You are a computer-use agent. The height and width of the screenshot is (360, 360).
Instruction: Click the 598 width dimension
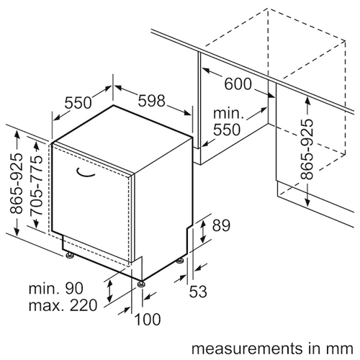(x=152, y=101)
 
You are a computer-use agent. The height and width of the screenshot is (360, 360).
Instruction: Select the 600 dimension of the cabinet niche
(x=238, y=84)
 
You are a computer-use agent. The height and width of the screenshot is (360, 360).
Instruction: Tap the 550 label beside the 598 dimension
(x=78, y=103)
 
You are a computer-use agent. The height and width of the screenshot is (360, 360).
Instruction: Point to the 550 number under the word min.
(x=227, y=130)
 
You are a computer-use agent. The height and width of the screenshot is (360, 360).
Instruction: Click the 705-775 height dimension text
(x=37, y=186)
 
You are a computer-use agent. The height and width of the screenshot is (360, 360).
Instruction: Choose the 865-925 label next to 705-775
(x=17, y=184)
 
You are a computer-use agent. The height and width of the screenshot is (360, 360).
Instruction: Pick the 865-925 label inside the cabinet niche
(x=307, y=149)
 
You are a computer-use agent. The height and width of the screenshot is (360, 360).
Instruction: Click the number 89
(x=221, y=225)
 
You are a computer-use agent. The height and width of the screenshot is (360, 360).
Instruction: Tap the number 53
(x=198, y=292)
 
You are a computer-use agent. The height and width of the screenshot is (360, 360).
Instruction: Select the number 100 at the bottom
(x=148, y=320)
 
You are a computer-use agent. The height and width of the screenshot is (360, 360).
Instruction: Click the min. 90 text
(x=56, y=288)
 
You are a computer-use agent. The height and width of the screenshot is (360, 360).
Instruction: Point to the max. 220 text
(x=63, y=305)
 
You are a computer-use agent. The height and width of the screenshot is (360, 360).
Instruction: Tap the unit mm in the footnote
(x=343, y=349)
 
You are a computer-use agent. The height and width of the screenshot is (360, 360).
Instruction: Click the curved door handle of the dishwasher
(x=85, y=174)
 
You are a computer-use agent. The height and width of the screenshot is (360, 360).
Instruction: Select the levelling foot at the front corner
(x=141, y=284)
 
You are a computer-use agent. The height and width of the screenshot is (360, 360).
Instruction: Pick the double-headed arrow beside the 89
(x=203, y=231)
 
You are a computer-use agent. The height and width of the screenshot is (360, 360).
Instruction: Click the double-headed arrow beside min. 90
(x=109, y=292)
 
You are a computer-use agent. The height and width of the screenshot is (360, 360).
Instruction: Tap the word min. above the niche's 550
(x=228, y=113)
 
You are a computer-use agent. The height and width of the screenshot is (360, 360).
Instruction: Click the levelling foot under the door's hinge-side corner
(x=70, y=255)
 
